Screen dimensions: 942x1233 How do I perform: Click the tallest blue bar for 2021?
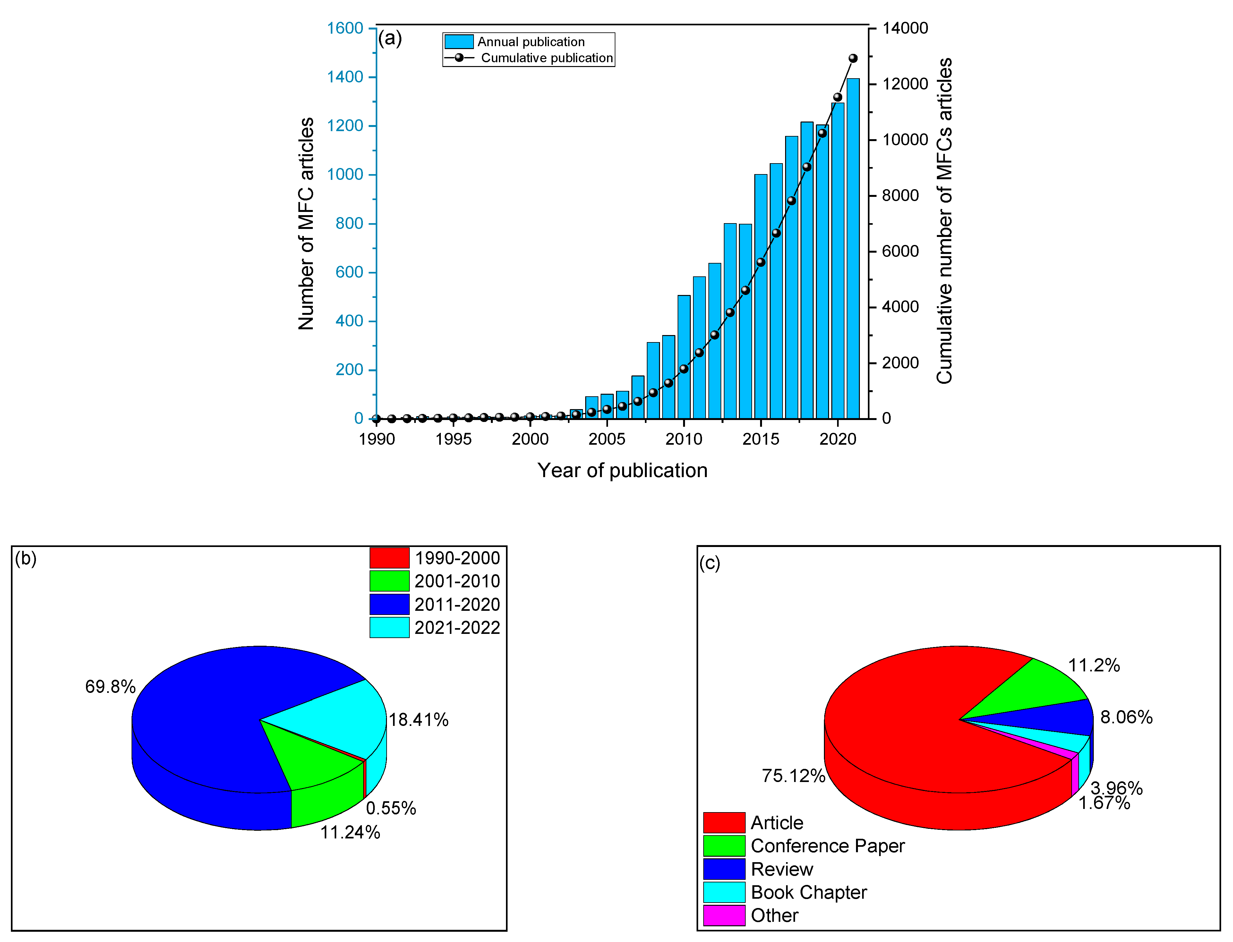point(853,252)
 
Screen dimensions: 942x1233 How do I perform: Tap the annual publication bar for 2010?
point(684,359)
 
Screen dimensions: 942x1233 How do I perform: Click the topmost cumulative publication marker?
point(853,58)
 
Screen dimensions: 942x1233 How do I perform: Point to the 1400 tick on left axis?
point(345,77)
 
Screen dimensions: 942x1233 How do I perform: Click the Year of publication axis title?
point(622,470)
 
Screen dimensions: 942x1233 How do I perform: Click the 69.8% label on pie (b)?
point(110,687)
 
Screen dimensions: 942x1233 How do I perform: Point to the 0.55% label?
point(391,808)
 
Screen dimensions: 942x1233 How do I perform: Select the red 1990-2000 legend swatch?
point(389,558)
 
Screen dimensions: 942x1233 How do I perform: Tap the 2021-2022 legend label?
point(457,627)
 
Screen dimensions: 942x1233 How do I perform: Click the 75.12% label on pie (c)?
point(793,776)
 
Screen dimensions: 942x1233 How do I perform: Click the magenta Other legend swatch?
point(724,915)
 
